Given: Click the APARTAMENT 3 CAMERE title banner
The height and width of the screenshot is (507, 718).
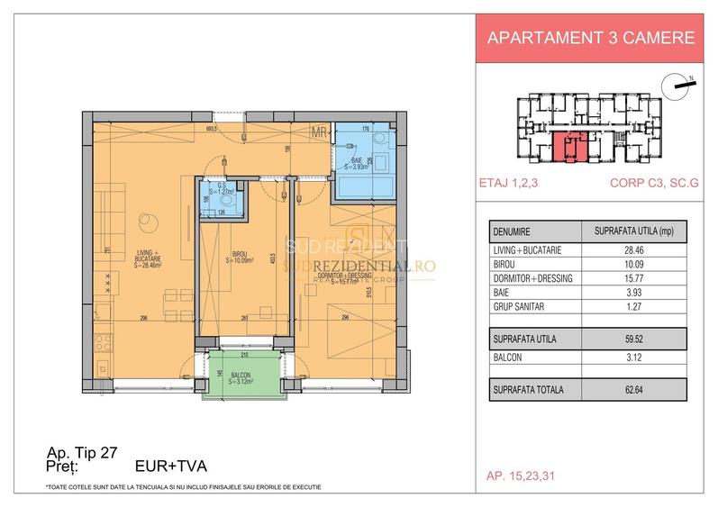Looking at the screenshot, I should click(590, 39).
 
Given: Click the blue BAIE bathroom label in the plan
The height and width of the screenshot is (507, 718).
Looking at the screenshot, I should click(358, 161).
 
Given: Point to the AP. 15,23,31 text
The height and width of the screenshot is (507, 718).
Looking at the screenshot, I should click(520, 475).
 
